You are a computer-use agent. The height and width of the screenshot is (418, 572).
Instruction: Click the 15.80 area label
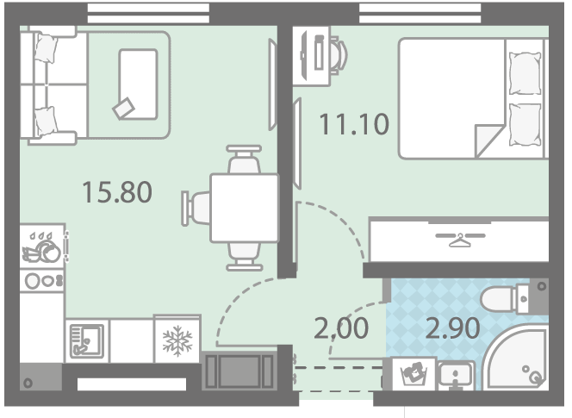point(117,192)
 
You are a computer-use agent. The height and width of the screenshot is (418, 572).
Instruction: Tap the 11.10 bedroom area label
point(354,124)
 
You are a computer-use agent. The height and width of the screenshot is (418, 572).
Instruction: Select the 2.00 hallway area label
point(341,328)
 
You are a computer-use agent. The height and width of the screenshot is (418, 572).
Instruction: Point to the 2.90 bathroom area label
point(453,328)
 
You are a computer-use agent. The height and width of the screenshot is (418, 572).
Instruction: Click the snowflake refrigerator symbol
point(177,340)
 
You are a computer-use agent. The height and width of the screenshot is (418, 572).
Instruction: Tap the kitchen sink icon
point(87,341)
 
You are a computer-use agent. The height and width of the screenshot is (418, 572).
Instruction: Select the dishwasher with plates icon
point(42,247)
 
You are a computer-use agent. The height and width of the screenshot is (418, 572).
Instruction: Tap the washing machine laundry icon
point(413,373)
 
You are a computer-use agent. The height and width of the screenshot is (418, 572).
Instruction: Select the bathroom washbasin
point(456,375)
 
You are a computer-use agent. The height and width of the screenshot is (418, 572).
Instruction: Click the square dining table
point(245,208)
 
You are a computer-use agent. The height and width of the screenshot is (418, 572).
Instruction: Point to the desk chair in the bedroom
point(339,55)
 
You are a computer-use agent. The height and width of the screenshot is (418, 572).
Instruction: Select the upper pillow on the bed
point(525,73)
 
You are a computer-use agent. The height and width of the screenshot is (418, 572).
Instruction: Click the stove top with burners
point(42,281)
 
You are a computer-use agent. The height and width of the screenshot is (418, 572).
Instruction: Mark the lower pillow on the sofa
point(46,121)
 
